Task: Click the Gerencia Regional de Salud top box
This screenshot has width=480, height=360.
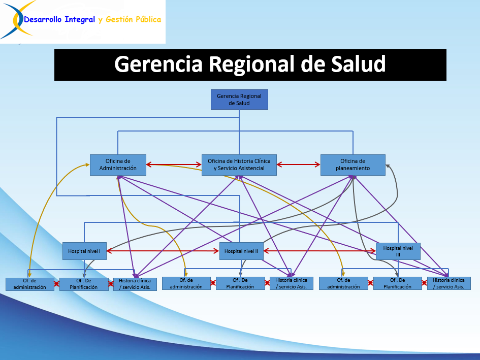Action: point(239,100)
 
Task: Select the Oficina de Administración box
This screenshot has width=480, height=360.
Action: point(118,165)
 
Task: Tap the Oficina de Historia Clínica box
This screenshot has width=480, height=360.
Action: point(239,165)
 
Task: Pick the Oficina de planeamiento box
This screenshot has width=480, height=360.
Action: point(353,165)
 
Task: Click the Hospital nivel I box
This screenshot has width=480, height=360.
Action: point(84,251)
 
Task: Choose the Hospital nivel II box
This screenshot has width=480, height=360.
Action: point(241,251)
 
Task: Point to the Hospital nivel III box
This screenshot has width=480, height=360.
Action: point(398,251)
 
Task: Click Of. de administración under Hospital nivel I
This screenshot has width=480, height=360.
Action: point(29,284)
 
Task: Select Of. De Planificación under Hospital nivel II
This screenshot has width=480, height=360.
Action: point(240,283)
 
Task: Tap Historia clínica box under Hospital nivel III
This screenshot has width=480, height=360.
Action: point(449,283)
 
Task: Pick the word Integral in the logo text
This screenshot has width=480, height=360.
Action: point(80,20)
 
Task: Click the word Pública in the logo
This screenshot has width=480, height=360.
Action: point(148,19)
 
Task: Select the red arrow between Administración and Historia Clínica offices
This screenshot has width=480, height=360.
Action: point(174,165)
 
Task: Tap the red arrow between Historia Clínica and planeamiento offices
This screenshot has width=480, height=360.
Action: point(299,165)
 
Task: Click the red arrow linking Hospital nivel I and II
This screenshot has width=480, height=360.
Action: point(163,251)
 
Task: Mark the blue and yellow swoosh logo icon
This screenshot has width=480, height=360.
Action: point(17,19)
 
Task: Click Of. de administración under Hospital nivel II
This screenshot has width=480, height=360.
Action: point(186,283)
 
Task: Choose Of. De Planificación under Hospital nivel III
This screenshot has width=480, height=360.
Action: point(398,283)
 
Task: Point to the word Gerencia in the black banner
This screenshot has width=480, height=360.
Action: point(158,64)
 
